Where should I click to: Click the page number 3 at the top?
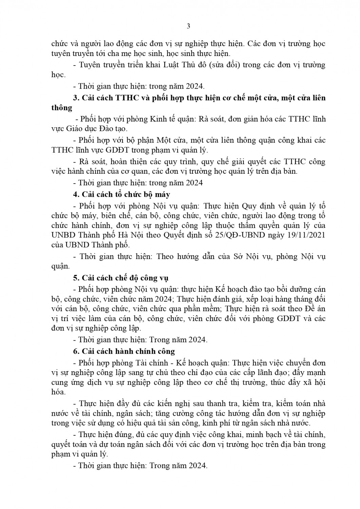189,26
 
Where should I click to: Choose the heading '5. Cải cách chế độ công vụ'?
121,278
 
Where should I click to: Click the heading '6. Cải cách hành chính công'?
124,351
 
